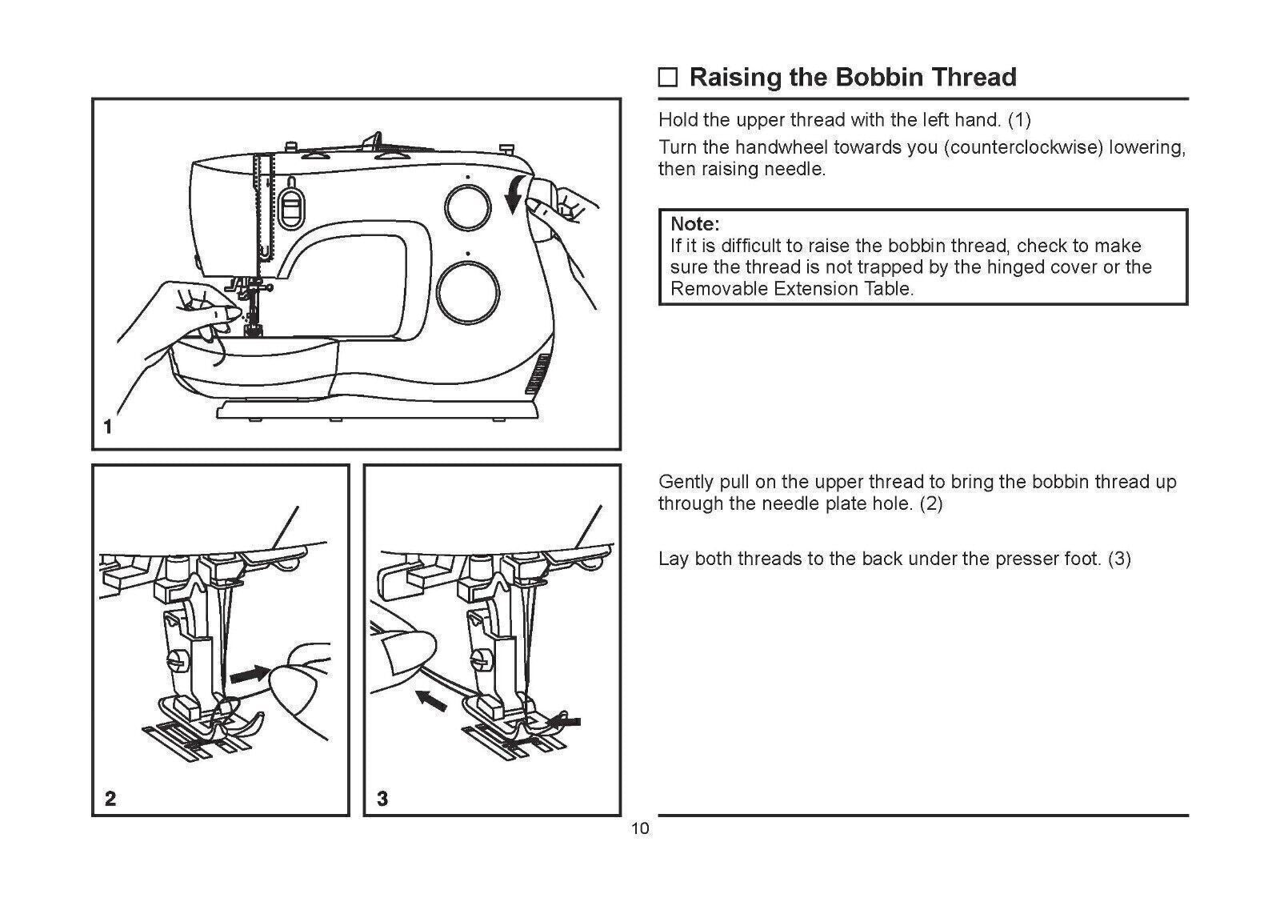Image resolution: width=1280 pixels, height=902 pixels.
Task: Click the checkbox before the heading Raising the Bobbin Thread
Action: (667, 78)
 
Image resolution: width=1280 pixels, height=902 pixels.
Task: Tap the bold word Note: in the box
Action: (694, 223)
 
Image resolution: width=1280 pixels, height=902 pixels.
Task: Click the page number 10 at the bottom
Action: (640, 828)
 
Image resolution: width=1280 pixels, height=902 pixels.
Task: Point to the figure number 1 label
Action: (108, 427)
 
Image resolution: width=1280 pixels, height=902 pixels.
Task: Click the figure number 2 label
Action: (110, 798)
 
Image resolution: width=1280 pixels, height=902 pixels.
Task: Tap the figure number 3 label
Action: (382, 798)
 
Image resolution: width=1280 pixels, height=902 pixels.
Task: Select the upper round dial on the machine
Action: (468, 206)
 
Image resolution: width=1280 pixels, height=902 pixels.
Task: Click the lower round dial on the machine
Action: (468, 284)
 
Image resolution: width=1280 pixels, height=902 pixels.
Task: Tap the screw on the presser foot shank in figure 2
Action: (175, 662)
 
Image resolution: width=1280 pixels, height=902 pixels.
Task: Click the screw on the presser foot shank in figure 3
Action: (479, 661)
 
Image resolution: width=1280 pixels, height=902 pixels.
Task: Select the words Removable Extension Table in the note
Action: (791, 289)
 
